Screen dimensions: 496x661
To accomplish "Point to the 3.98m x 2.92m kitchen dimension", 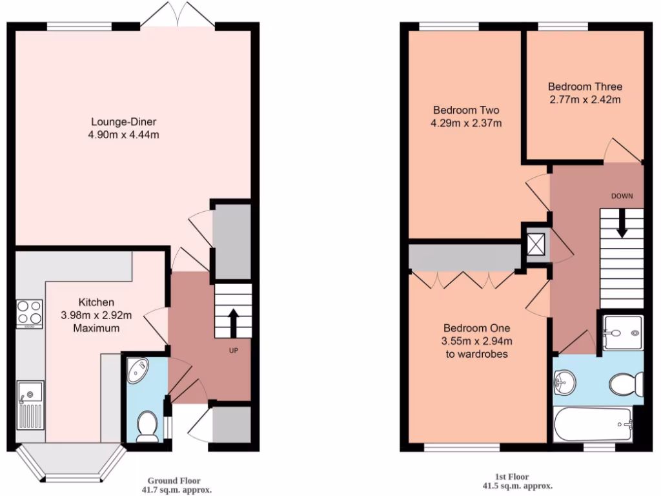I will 96,315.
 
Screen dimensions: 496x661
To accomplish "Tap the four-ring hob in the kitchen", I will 29,313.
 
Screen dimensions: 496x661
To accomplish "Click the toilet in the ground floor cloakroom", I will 148,427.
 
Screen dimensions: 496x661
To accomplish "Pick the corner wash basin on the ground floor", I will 137,370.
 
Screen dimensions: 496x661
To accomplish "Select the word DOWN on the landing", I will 622,195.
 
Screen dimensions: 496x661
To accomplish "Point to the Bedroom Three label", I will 585,87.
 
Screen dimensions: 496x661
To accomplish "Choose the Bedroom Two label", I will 466,110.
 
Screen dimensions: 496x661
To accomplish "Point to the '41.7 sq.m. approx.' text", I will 174,490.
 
